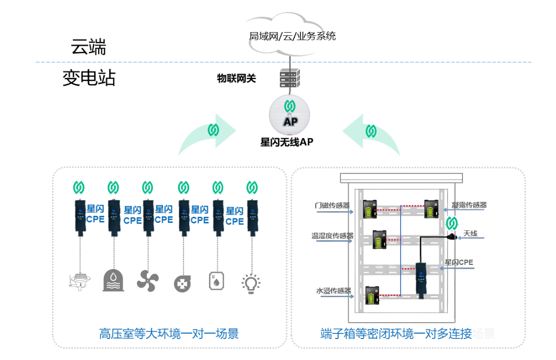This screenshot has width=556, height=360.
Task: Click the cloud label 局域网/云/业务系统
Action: (x=292, y=36)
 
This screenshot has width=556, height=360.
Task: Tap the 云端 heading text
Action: (x=88, y=48)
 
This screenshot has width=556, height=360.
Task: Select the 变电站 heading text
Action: (x=89, y=78)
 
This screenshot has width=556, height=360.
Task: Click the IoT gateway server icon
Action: (x=290, y=78)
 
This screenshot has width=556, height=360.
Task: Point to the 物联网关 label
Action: (x=236, y=78)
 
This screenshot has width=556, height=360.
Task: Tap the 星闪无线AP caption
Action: (x=287, y=143)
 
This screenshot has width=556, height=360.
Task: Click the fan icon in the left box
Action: (x=148, y=280)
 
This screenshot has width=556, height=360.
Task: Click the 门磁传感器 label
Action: (x=333, y=205)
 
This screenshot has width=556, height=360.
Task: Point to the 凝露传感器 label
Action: (x=469, y=205)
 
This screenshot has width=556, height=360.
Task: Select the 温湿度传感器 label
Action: (x=333, y=236)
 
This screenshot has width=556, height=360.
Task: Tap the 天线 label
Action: (x=470, y=234)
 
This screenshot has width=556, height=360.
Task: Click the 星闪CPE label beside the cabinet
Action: (x=459, y=262)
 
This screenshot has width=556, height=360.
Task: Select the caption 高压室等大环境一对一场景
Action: (x=169, y=334)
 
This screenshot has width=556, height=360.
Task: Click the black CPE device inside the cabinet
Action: (x=422, y=279)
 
